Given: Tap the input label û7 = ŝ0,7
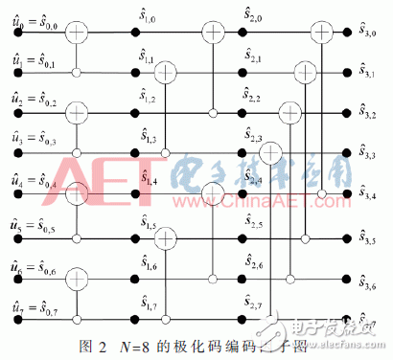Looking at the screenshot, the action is tap(33, 308).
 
